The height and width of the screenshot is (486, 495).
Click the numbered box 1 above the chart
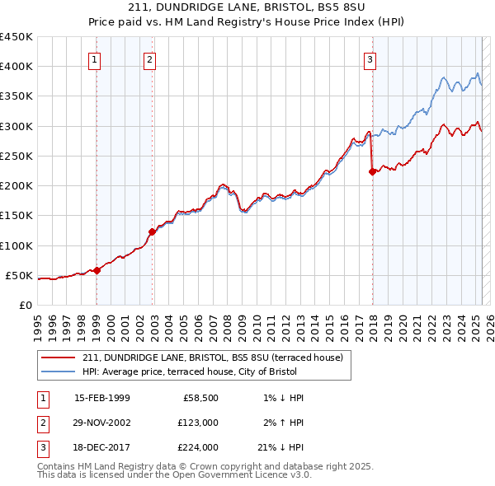coord(96,59)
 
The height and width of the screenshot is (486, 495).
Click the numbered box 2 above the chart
coord(149,59)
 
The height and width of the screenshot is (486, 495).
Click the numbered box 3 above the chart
coord(370,59)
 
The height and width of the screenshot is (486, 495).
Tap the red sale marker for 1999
coord(97,269)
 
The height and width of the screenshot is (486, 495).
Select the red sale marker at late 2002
coord(152,231)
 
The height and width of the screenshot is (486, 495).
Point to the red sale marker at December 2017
coord(372,171)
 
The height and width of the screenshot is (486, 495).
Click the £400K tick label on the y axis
coord(16,67)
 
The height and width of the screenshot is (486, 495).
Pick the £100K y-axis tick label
coord(16,245)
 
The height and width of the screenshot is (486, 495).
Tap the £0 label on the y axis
coord(25,305)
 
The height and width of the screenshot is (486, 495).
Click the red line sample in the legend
coord(59,357)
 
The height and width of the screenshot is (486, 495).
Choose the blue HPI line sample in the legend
coord(59,372)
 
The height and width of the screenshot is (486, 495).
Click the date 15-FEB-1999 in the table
coord(101,399)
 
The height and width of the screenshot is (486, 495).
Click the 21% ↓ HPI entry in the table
coord(280,447)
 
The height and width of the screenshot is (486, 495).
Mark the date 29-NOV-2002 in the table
coord(101,423)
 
